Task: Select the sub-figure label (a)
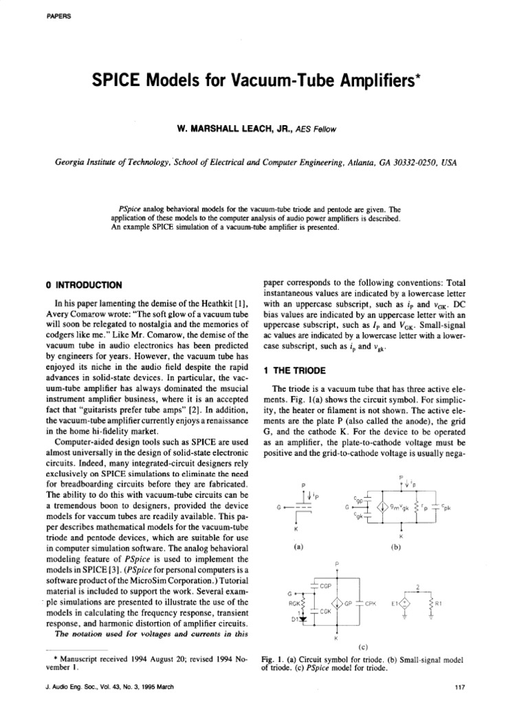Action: [298, 548]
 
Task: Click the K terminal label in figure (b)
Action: [401, 534]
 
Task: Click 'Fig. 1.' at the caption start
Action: [273, 659]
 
